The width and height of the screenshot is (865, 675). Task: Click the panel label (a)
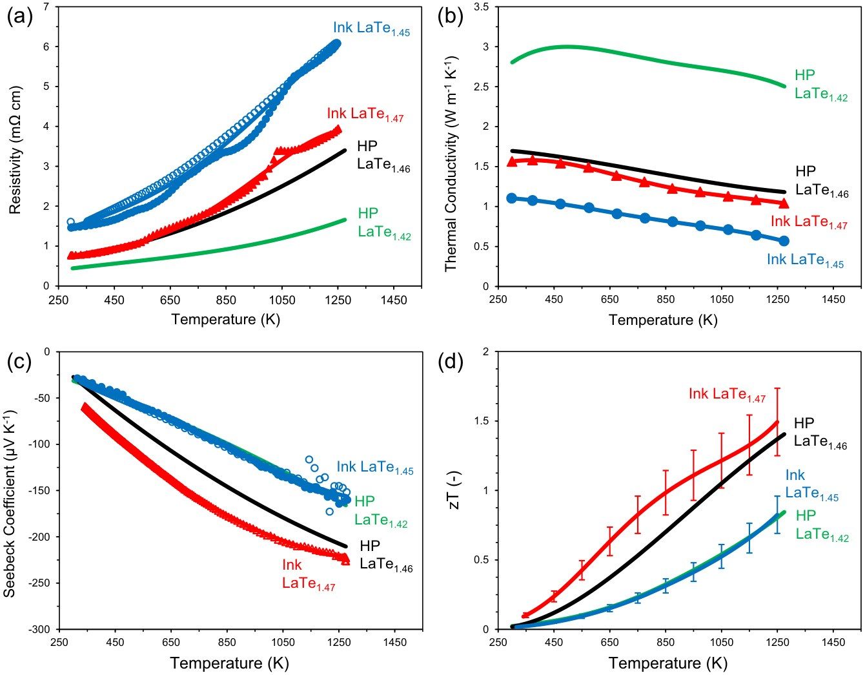tap(20, 18)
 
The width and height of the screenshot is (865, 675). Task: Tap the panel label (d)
tap(450, 363)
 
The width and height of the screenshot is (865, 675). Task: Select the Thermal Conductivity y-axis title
tap(451, 163)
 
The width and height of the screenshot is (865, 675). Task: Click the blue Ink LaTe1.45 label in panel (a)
tap(371, 29)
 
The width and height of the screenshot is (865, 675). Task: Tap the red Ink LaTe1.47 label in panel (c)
tap(309, 574)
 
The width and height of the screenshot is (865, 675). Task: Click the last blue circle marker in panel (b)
tap(784, 240)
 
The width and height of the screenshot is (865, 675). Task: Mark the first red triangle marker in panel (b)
tap(512, 161)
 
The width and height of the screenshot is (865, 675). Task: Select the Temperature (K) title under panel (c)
tap(229, 663)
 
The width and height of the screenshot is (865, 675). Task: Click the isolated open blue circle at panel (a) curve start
tap(70, 222)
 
